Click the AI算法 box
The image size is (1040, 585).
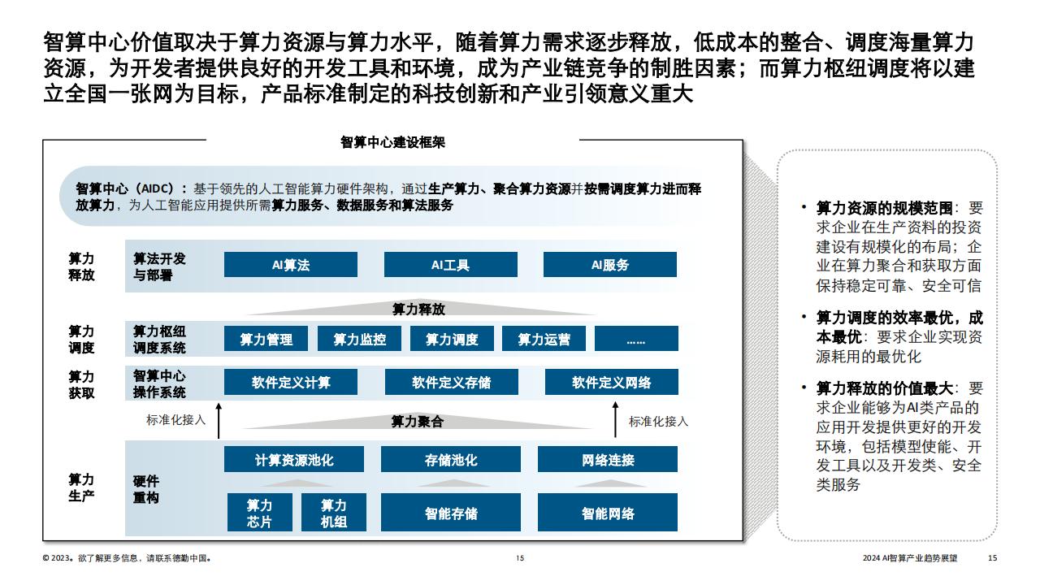[x=291, y=265]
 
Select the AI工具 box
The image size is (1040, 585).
[x=450, y=265]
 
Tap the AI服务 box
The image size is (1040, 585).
[x=610, y=265]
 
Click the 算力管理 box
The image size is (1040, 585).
[x=266, y=339]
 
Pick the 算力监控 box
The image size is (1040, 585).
[x=359, y=339]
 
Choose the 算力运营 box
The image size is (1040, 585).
[x=544, y=339]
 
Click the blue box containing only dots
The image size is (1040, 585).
[x=636, y=339]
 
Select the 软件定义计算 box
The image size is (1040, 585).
[x=291, y=382]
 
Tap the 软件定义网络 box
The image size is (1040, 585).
[x=612, y=382]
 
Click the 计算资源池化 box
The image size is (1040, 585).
[x=294, y=459]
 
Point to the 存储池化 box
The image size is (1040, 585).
[x=451, y=459]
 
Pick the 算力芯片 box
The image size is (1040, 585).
[x=259, y=512]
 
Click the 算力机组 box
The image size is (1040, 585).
[x=334, y=512]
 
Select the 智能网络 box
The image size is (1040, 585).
[x=608, y=512]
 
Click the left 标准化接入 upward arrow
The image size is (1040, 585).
[x=219, y=421]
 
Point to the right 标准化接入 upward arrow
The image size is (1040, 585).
[x=616, y=420]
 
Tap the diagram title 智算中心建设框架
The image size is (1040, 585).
[x=392, y=142]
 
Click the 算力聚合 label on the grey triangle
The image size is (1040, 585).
[x=418, y=422]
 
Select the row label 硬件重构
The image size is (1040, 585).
[x=146, y=489]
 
